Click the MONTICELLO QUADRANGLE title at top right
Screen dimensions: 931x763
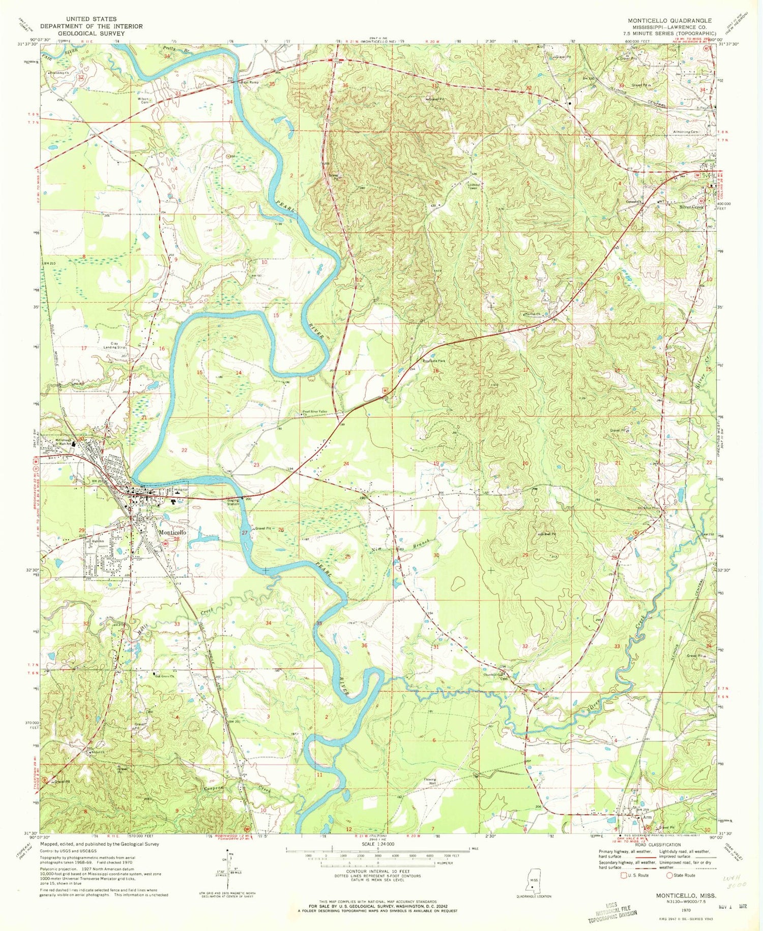pyautogui.click(x=669, y=21)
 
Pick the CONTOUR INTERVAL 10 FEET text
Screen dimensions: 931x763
pyautogui.click(x=377, y=873)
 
